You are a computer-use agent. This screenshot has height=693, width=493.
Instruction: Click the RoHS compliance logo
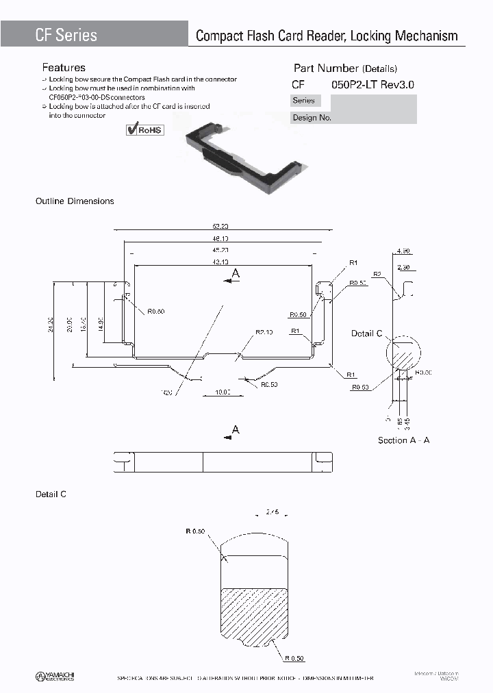pyautogui.click(x=145, y=129)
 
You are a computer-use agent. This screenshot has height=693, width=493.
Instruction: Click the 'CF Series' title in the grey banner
pyautogui.click(x=66, y=35)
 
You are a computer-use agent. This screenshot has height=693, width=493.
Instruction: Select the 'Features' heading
pyautogui.click(x=64, y=68)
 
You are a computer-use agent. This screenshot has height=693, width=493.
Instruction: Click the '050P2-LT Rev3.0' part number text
pyautogui.click(x=372, y=85)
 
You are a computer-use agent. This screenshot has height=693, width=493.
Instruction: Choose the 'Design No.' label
pyautogui.click(x=312, y=117)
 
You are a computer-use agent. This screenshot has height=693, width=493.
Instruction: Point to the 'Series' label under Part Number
pyautogui.click(x=303, y=101)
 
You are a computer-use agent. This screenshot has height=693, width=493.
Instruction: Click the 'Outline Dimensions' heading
pyautogui.click(x=75, y=201)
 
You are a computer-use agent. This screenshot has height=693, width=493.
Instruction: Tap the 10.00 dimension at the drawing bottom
pyautogui.click(x=222, y=392)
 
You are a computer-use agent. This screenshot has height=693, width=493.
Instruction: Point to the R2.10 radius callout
pyautogui.click(x=264, y=332)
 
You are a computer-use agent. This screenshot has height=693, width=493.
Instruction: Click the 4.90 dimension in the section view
pyautogui.click(x=403, y=251)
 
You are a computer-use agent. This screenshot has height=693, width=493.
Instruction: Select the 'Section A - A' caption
pyautogui.click(x=404, y=440)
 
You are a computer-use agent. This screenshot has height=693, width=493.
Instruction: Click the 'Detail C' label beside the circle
pyautogui.click(x=366, y=333)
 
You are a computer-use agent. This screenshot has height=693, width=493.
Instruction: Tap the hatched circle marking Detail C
pyautogui.click(x=404, y=355)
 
